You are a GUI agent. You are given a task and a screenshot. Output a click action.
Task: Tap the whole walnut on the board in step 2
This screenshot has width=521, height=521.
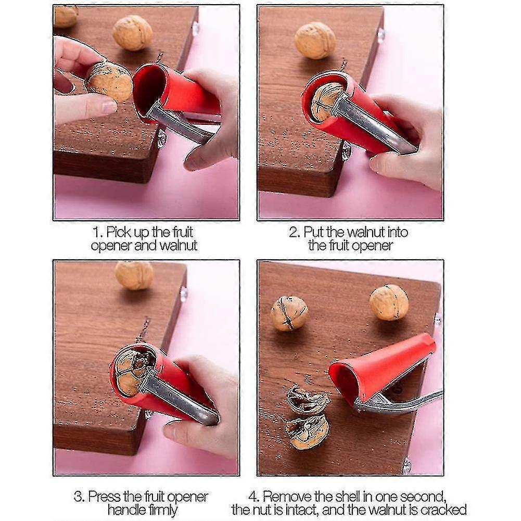point(315,40)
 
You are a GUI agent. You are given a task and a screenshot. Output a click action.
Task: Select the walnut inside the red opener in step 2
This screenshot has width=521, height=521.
point(327,101)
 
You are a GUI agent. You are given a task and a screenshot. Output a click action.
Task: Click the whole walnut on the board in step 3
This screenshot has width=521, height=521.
point(134,275)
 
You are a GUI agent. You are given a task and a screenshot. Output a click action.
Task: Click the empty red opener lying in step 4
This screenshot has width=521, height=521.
point(382,370)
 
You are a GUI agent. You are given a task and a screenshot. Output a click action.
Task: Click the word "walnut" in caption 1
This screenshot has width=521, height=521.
point(179,246)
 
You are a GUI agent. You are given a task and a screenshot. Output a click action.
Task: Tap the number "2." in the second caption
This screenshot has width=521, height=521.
point(295,232)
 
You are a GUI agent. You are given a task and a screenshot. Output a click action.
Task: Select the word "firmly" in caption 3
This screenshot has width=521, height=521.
point(163,510)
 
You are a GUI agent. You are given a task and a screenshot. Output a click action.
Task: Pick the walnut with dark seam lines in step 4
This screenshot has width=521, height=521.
point(289,314)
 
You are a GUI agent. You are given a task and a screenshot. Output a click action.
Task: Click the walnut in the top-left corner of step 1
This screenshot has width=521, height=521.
point(66,17)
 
